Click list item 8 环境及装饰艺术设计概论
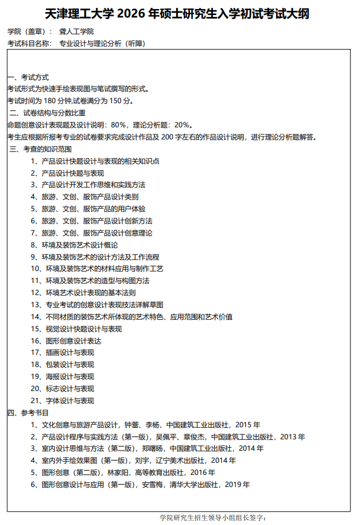(x=79, y=245)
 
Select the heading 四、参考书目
(x=28, y=413)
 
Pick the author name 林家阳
(x=118, y=472)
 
